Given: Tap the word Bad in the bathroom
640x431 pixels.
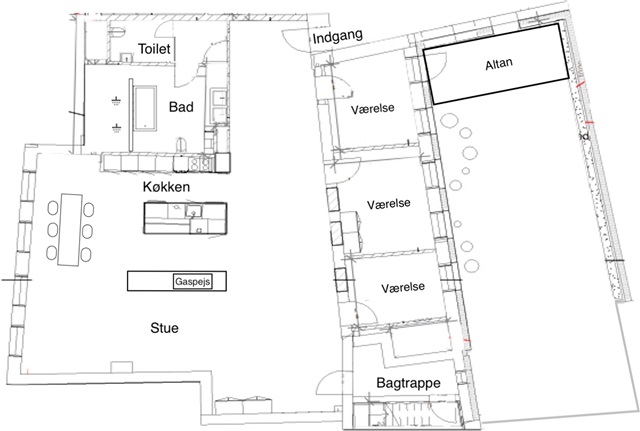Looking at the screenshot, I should pyautogui.click(x=181, y=107).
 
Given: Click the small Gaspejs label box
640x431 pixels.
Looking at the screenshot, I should pyautogui.click(x=196, y=280).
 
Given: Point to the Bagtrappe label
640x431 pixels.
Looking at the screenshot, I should pyautogui.click(x=408, y=383).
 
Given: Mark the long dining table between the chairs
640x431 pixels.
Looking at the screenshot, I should pyautogui.click(x=70, y=228).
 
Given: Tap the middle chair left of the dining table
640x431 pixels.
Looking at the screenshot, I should pyautogui.click(x=52, y=228).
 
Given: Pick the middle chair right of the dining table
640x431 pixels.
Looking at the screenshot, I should pyautogui.click(x=88, y=229).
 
